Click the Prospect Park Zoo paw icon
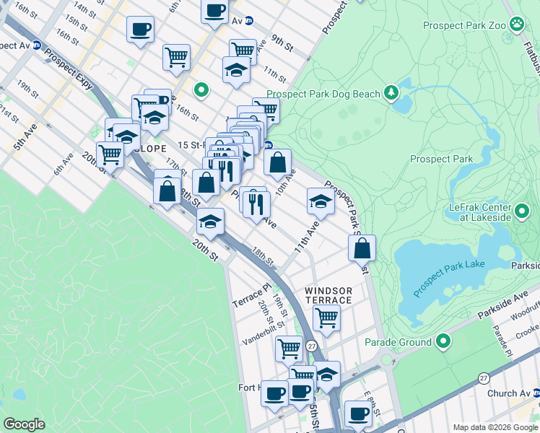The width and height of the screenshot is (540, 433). [517, 25]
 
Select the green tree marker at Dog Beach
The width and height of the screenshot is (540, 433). [391, 92]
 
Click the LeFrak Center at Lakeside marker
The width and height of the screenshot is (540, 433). [523, 214]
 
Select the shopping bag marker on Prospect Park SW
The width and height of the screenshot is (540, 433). [362, 248]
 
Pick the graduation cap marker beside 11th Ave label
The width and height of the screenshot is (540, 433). [321, 201]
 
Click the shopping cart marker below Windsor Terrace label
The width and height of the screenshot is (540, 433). [326, 317]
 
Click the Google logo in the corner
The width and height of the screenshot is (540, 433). [25, 424]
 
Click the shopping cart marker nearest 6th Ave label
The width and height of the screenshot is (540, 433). [110, 154]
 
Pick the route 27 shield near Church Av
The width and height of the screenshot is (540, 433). [484, 377]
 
